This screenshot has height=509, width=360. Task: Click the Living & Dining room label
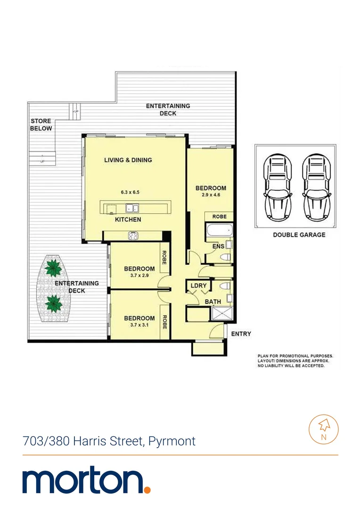pos(128,160)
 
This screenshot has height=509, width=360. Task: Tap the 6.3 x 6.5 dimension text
pos(131,192)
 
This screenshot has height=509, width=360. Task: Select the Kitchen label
pos(128,220)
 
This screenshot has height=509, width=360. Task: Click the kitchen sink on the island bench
pos(131,208)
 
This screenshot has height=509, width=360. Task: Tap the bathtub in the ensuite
pos(219,231)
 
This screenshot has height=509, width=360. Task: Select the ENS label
pos(218,246)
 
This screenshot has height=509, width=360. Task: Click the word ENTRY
pos(241,334)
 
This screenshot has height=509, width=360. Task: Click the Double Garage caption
pos(299,234)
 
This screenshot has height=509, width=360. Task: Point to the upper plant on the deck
pos(53,268)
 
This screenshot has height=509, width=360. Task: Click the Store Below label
pos(41,125)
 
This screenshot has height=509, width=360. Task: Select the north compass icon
pos(323,428)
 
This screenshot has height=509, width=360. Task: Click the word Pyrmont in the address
pos(172,442)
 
